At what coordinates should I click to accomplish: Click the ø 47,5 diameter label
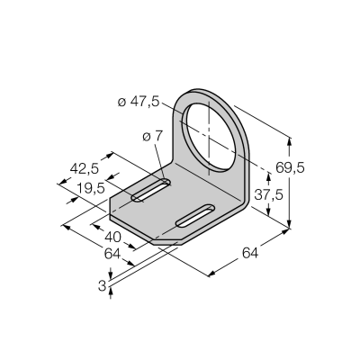[139, 103]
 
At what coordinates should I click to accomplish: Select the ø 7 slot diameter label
[152, 137]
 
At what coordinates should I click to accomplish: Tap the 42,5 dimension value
[85, 169]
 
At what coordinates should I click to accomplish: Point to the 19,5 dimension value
[91, 188]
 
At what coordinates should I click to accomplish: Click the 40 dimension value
[112, 238]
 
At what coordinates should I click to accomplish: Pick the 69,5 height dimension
[290, 167]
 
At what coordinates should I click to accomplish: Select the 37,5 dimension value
[268, 195]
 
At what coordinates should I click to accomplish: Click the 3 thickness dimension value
[102, 286]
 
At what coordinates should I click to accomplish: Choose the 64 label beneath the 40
[112, 254]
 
